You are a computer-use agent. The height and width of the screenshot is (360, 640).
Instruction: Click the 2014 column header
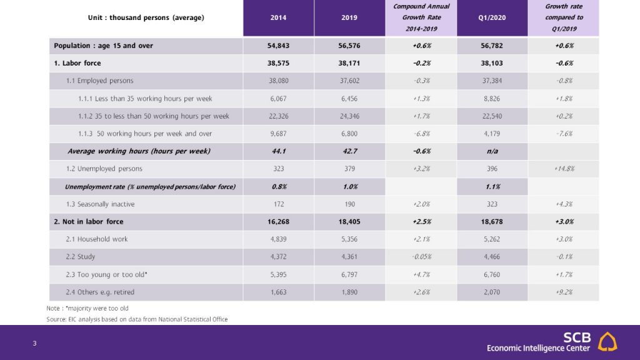click(278, 17)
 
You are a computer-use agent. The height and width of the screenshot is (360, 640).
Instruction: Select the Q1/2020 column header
click(492, 17)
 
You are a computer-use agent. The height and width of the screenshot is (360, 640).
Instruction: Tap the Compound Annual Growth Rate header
click(421, 17)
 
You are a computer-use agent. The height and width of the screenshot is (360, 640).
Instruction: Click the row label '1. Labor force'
click(77, 63)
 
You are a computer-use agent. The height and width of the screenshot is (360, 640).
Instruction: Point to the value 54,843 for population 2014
click(278, 46)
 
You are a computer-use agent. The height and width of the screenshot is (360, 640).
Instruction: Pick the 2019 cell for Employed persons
click(349, 81)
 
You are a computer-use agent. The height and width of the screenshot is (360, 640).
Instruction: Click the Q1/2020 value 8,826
click(492, 98)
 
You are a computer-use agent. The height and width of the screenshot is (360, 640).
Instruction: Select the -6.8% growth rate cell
click(421, 134)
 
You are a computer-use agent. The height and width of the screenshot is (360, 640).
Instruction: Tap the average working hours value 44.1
click(278, 151)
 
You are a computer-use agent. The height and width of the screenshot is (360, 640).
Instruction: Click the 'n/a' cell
click(492, 151)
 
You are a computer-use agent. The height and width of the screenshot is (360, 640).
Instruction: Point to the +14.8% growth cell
click(564, 169)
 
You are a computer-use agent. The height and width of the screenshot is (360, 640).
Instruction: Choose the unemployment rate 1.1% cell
click(492, 186)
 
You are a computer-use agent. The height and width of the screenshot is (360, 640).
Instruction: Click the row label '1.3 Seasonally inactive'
click(100, 204)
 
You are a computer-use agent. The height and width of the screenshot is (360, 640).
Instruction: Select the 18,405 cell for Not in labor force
click(349, 222)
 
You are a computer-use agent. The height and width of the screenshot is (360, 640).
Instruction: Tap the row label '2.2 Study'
click(81, 257)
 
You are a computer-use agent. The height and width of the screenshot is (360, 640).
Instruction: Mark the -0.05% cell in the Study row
click(421, 257)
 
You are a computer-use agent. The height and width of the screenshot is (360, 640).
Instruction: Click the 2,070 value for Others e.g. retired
click(492, 292)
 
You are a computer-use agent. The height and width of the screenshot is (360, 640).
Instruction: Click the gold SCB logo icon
click(607, 341)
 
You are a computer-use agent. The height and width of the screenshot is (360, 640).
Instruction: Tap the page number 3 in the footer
click(35, 343)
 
